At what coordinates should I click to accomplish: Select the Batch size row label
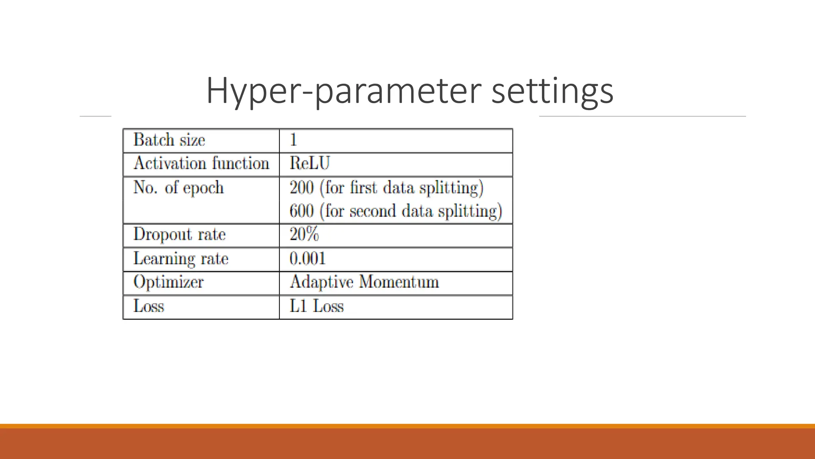[169, 140]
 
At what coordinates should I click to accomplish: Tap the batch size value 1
[293, 140]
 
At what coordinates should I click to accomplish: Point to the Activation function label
[201, 163]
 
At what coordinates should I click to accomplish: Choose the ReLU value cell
[310, 163]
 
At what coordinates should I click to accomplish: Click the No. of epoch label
[179, 187]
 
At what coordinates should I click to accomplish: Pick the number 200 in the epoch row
[302, 187]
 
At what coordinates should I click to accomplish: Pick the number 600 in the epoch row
[302, 211]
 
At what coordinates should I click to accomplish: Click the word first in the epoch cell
[363, 187]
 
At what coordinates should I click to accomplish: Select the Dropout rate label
[179, 234]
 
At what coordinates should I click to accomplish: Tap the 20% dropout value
[304, 234]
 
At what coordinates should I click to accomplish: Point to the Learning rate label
[181, 259]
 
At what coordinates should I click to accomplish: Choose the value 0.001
[308, 259]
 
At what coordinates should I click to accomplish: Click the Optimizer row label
[169, 282]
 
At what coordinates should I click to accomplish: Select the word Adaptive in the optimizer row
[322, 282]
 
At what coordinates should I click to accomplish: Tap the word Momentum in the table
[399, 282]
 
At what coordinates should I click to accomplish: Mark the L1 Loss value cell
[317, 306]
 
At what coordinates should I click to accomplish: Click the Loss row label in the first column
[149, 306]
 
